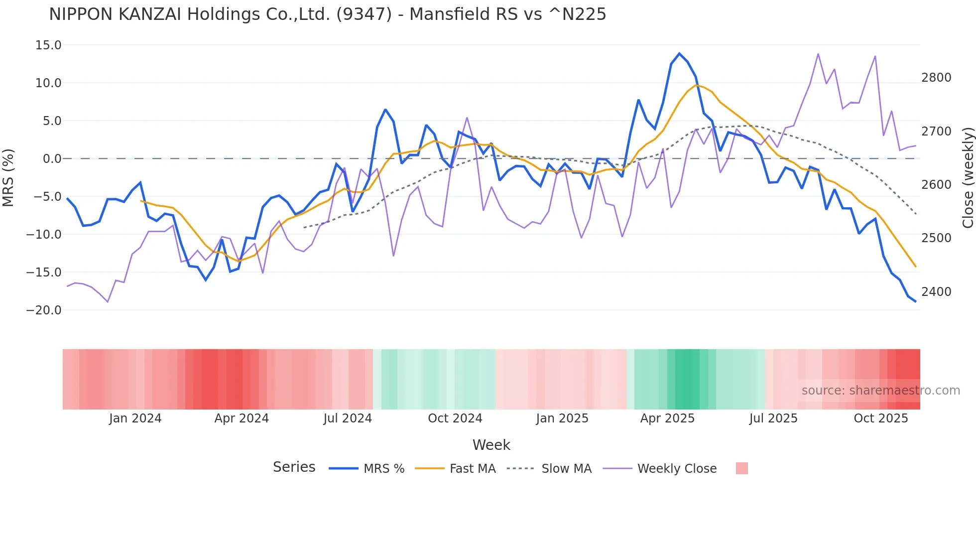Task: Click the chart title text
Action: (327, 14)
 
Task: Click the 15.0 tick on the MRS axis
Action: (48, 45)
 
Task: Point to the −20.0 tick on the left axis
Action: (44, 310)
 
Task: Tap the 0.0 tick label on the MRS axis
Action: (52, 159)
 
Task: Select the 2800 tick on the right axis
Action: (936, 78)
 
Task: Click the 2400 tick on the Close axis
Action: (936, 292)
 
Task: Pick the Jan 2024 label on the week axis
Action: (135, 418)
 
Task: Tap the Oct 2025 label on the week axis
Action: (880, 418)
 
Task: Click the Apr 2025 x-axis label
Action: (667, 418)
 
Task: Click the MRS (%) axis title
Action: (8, 178)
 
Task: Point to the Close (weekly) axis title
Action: (968, 178)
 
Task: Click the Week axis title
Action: (491, 445)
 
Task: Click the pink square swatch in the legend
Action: (741, 469)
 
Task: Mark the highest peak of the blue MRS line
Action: (679, 53)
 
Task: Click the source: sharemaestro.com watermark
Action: (880, 391)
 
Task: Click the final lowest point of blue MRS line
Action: (915, 301)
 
